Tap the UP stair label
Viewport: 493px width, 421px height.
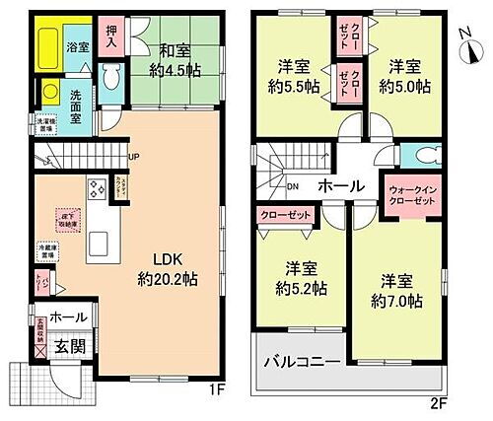click(x=134, y=155)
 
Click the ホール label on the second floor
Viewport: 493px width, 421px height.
click(x=337, y=185)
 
